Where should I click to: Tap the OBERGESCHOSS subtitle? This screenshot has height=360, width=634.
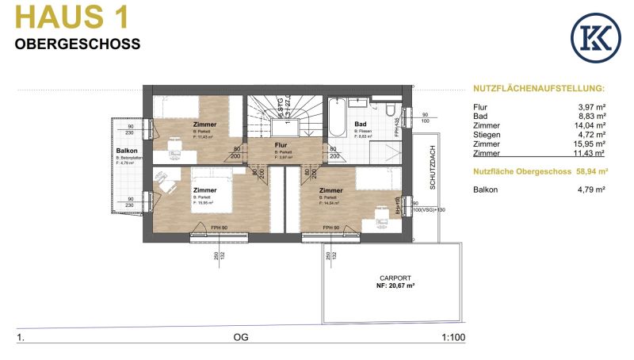tap(78, 44)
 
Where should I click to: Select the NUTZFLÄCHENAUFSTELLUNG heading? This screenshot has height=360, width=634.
tap(538, 89)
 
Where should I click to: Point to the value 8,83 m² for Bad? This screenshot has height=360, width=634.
tap(590, 116)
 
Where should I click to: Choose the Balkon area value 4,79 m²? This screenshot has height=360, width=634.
tap(590, 190)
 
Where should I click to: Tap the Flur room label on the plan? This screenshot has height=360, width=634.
tap(281, 146)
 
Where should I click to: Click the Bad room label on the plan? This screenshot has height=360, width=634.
tap(360, 124)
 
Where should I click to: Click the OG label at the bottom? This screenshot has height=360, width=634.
tap(241, 338)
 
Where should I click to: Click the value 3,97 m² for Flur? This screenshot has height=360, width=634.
tap(590, 106)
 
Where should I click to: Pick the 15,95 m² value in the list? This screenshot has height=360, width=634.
tap(590, 144)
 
